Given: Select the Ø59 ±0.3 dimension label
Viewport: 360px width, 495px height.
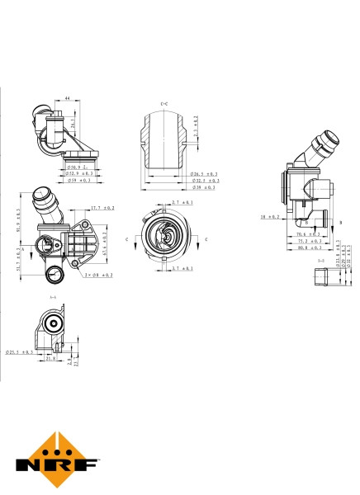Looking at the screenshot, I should pyautogui.click(x=79, y=180).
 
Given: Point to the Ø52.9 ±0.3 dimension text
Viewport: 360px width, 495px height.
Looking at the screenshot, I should pyautogui.click(x=79, y=174).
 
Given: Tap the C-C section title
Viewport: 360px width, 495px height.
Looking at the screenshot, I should pyautogui.click(x=163, y=102).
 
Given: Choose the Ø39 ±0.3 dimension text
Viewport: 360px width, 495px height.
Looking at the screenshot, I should pyautogui.click(x=204, y=187).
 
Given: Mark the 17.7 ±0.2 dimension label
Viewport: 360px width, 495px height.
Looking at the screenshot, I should pyautogui.click(x=102, y=208).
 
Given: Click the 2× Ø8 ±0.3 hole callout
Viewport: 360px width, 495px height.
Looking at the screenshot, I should pyautogui.click(x=97, y=274).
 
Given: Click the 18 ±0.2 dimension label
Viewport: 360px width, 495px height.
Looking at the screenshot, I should pyautogui.click(x=269, y=217).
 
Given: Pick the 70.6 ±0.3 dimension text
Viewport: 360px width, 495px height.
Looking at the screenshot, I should pyautogui.click(x=308, y=234).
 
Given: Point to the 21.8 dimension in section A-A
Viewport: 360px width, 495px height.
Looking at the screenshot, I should pyautogui.click(x=50, y=359).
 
